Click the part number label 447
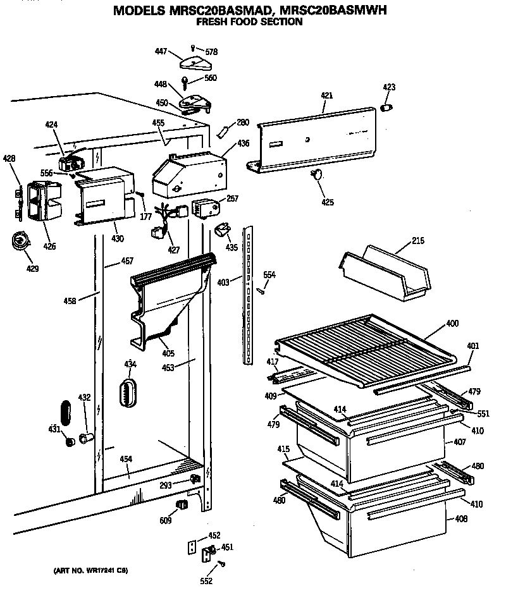(x=163, y=51)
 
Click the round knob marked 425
(x=317, y=175)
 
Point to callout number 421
(x=326, y=95)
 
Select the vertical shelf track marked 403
(x=249, y=284)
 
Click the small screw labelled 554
(x=260, y=290)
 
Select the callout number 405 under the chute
(x=168, y=353)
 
